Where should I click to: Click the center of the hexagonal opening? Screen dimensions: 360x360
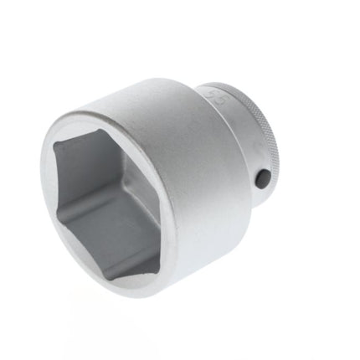click(107, 202)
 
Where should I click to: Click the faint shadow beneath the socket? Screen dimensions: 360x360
click(167, 306)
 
